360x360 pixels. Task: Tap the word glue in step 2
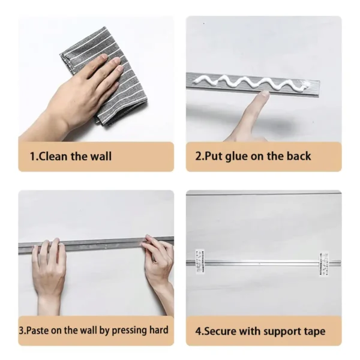pyautogui.click(x=236, y=157)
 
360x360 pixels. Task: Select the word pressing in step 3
pyautogui.click(x=129, y=331)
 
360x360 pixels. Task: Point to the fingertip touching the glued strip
pyautogui.click(x=263, y=94)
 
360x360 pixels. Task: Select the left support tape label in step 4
pyautogui.click(x=200, y=261)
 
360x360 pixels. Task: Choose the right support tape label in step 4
pyautogui.click(x=324, y=264)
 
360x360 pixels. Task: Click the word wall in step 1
pyautogui.click(x=101, y=157)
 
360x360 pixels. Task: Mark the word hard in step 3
pyautogui.click(x=159, y=330)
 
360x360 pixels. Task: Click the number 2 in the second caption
pyautogui.click(x=198, y=157)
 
